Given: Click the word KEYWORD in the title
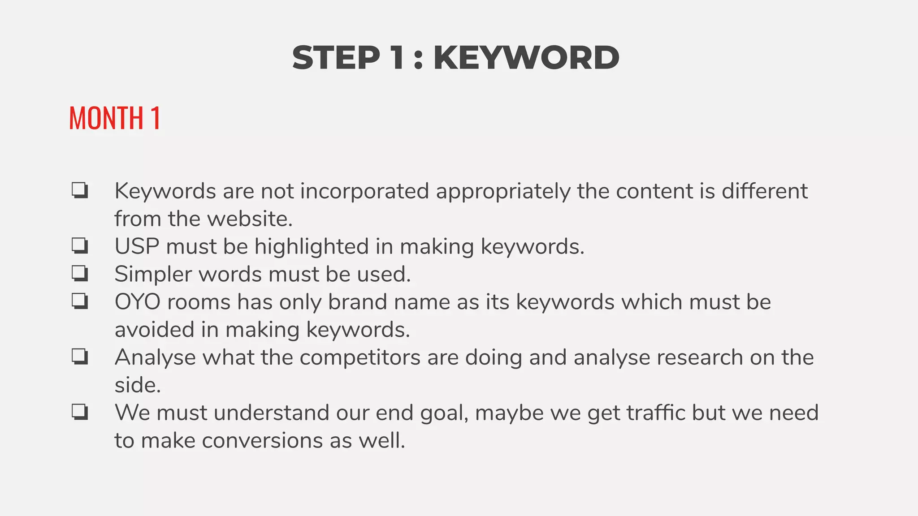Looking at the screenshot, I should pos(526,58).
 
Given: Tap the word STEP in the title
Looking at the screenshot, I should pos(336,58).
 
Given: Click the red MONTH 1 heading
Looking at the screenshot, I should pos(115,118).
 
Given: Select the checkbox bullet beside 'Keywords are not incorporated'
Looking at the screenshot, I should pos(80,190).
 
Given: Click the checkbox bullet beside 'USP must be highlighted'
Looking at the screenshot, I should pos(80,246).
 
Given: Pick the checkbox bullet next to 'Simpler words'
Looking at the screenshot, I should pos(80,273).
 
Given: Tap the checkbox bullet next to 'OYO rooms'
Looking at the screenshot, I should pos(80,301).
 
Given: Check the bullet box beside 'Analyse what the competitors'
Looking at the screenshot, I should pos(80,357).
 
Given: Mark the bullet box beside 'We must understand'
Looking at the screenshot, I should pos(80,412).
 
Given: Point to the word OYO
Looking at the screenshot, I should pos(138,301).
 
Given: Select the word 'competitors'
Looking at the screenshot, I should pos(360,357).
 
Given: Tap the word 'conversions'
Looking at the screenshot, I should pos(262,440).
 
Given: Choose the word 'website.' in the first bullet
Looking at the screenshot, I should pos(250,219).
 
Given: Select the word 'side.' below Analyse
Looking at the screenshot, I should pos(138,385).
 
